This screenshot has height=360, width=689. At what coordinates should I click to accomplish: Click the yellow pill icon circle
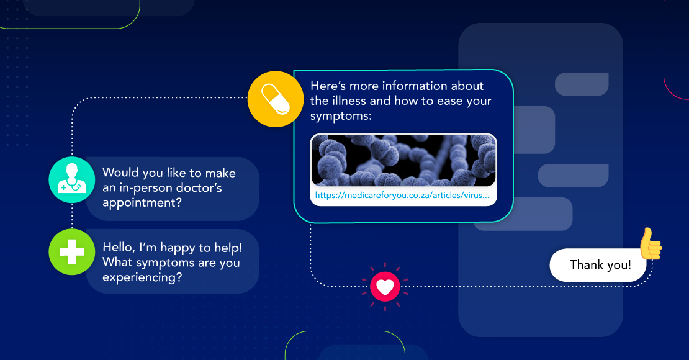point(275,99)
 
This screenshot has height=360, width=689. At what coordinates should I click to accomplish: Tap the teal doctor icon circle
point(72,181)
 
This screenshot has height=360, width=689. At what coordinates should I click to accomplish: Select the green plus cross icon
point(72,254)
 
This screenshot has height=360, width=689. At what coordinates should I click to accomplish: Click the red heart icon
point(385,286)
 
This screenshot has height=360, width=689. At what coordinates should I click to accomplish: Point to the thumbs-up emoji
point(650,244)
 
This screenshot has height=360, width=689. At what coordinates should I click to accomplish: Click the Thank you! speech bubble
point(600,265)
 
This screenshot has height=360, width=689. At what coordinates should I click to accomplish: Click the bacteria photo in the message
point(403,160)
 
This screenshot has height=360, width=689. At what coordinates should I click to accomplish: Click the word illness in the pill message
point(351,101)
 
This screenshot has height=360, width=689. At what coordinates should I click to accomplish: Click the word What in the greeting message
point(117,263)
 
